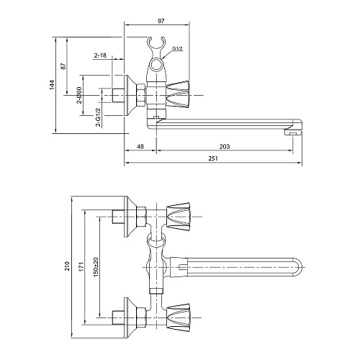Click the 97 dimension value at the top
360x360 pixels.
[x=161, y=21]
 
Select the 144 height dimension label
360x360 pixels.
[x=53, y=85]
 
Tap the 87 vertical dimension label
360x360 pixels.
[x=63, y=66]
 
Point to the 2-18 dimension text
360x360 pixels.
[x=100, y=55]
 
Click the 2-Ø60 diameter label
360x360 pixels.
[x=79, y=95]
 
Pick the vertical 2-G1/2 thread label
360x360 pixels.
[x=99, y=117]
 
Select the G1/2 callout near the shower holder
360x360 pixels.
[x=177, y=48]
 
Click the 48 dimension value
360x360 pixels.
[x=140, y=146]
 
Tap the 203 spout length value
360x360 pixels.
[x=225, y=146]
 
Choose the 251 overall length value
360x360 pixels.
[x=213, y=158]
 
